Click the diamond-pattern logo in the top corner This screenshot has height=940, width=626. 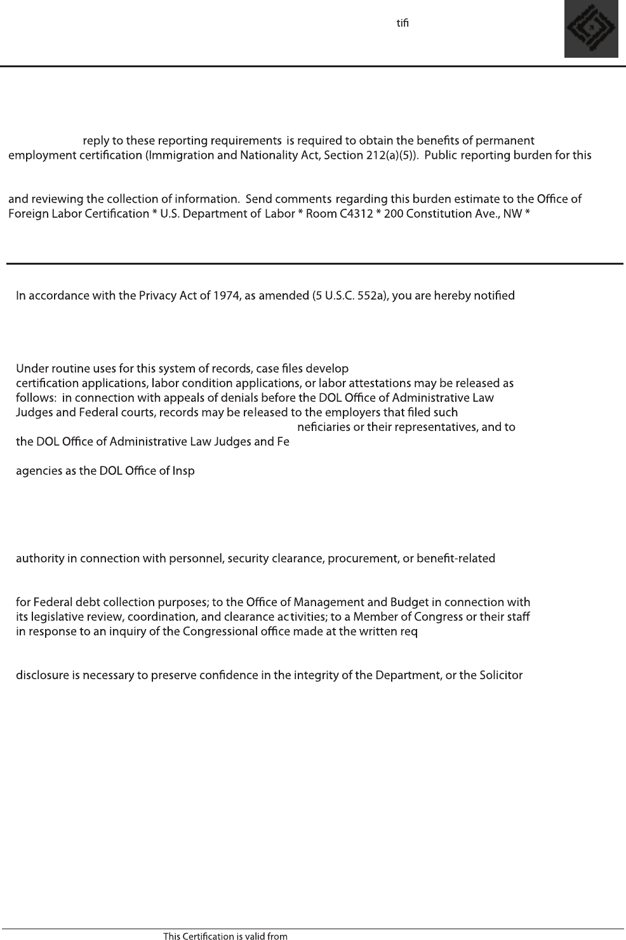tap(591, 29)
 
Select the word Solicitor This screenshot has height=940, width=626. tap(500, 675)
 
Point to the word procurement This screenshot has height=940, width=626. tap(360, 559)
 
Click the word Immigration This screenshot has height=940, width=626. tap(180, 156)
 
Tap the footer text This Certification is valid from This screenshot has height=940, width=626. tap(225, 936)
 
